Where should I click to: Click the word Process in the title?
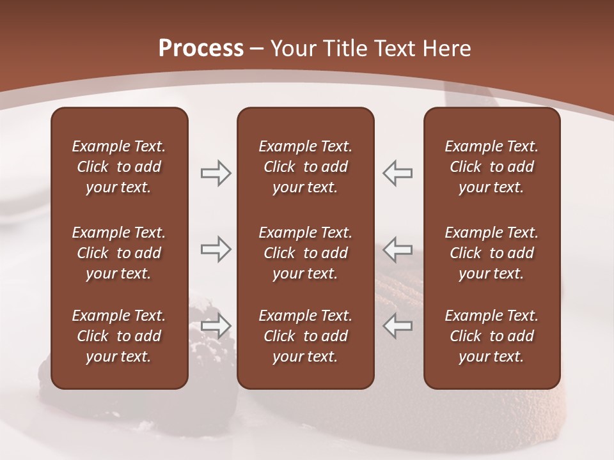[201, 49]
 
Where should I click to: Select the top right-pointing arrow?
[216, 173]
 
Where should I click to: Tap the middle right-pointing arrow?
[216, 249]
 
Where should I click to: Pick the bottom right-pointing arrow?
[216, 325]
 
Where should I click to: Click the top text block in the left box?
[119, 167]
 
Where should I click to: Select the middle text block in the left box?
[119, 253]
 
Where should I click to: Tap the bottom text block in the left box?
[119, 336]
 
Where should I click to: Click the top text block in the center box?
[305, 167]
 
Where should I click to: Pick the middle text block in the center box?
[305, 253]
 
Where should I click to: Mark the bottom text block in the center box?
[305, 336]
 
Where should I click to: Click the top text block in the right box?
[491, 167]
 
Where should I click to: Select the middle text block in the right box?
[491, 253]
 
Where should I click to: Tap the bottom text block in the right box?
[491, 336]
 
